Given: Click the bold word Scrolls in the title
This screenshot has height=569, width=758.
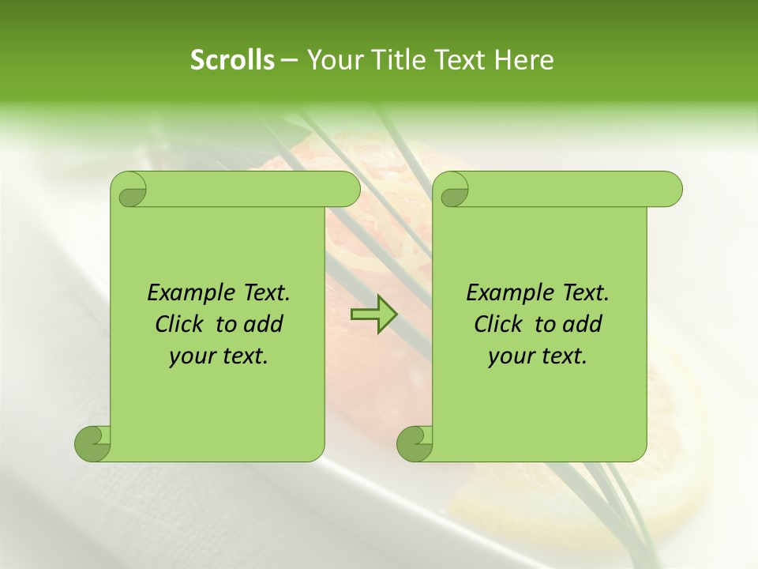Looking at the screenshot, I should (232, 60).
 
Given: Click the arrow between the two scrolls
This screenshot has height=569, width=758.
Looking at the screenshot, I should (373, 314).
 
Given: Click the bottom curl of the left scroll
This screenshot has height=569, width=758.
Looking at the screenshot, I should (92, 443).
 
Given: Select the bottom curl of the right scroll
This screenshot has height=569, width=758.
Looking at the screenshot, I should (415, 443).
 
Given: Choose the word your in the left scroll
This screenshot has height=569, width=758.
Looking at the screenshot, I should (190, 357).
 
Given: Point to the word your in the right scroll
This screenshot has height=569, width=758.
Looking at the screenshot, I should (509, 357).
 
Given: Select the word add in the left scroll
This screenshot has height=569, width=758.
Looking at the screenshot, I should (265, 324).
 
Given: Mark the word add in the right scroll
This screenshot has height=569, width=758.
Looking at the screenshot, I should (584, 324).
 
